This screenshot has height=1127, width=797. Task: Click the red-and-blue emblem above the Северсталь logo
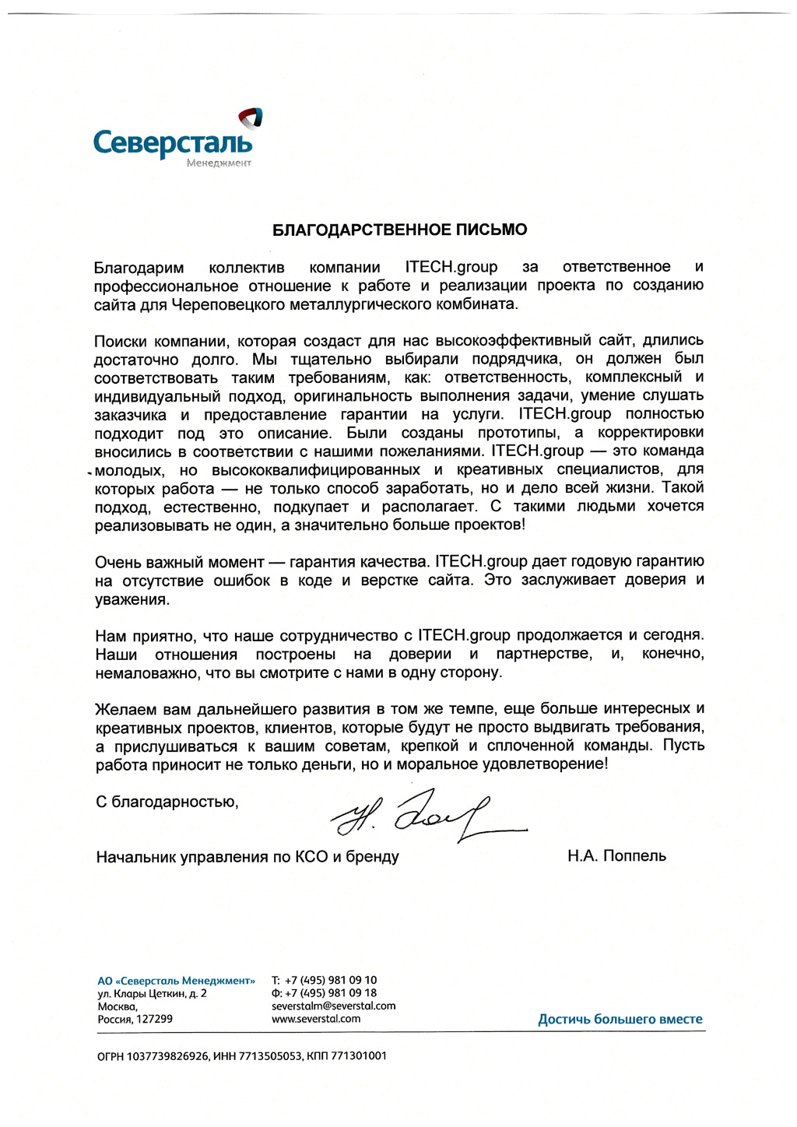coord(251,118)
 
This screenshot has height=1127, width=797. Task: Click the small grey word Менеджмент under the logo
coord(219,163)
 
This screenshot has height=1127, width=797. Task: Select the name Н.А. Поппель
coord(616,856)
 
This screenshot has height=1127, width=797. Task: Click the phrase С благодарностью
coord(167,802)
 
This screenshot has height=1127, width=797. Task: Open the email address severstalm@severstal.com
coord(333,1006)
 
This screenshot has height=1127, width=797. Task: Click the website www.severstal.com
coord(316,1019)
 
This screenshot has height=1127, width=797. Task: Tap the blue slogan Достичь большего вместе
coord(620,1019)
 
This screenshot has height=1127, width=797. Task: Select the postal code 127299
coord(154,1019)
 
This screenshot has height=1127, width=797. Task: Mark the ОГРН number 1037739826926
coord(167,1056)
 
